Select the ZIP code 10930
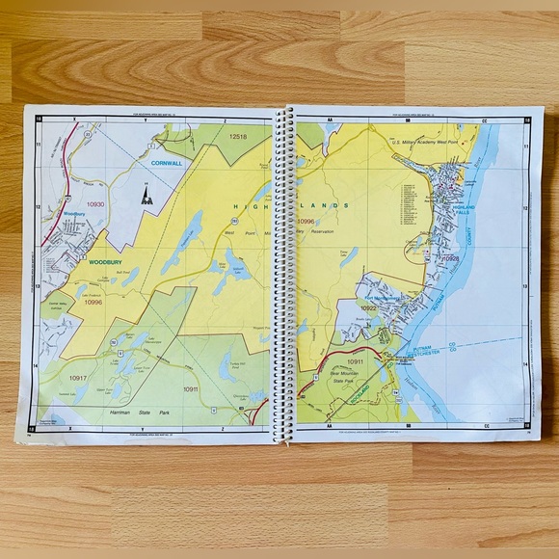pos(94,205)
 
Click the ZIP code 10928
pos(451,258)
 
